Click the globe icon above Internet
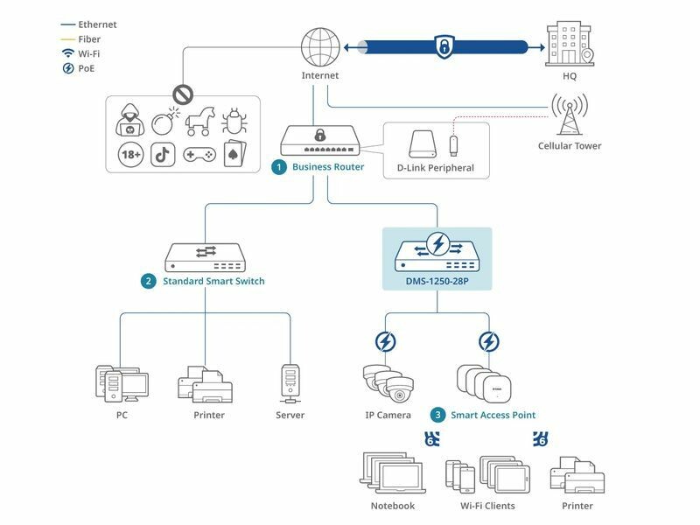point(318,46)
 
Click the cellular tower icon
point(569,114)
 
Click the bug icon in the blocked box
point(234,120)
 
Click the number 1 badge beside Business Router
point(279,166)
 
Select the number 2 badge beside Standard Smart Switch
point(149,281)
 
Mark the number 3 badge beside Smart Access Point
point(437,414)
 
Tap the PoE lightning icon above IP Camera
point(386,342)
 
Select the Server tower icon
point(290,383)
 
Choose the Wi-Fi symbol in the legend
point(67,53)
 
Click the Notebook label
point(393,506)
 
